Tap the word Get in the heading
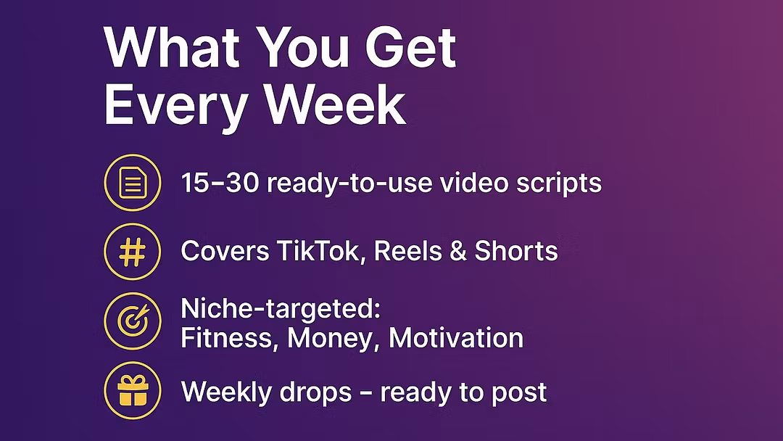pyautogui.click(x=411, y=48)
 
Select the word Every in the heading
pyautogui.click(x=176, y=106)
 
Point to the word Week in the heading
pyautogui.click(x=335, y=105)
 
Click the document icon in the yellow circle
pyautogui.click(x=133, y=183)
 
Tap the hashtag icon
pyautogui.click(x=133, y=252)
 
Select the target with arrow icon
pyautogui.click(x=133, y=320)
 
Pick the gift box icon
pyautogui.click(x=133, y=390)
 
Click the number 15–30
pyautogui.click(x=220, y=183)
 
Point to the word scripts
pyautogui.click(x=559, y=184)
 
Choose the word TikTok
pyautogui.click(x=318, y=251)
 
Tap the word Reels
pyautogui.click(x=408, y=251)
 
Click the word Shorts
pyautogui.click(x=516, y=251)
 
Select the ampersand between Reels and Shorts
pyautogui.click(x=458, y=251)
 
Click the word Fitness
pyautogui.click(x=227, y=338)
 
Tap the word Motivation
pyautogui.click(x=456, y=338)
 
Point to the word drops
pyautogui.click(x=315, y=392)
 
